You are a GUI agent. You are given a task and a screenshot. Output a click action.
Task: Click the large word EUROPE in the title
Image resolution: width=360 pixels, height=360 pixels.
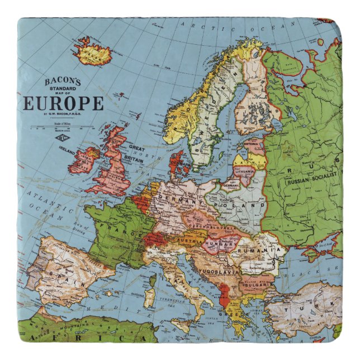(63, 103)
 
